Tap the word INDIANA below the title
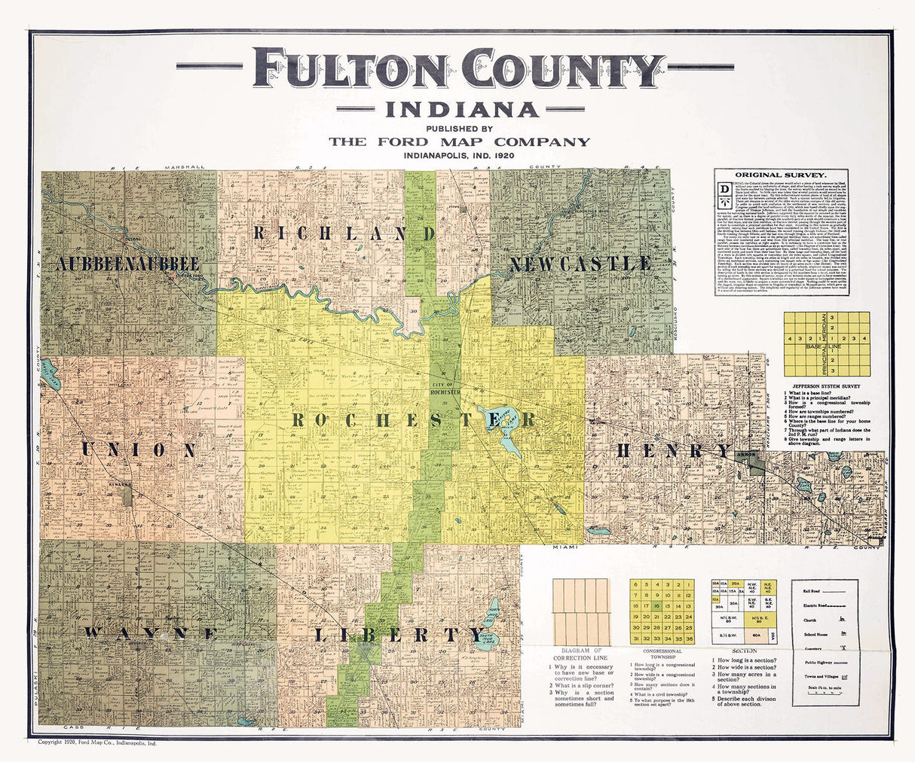click(463, 110)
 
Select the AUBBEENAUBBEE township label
click(127, 264)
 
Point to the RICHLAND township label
click(344, 233)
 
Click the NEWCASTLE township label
click(580, 264)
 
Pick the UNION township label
click(139, 450)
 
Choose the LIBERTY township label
click(398, 634)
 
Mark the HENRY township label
click(674, 451)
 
